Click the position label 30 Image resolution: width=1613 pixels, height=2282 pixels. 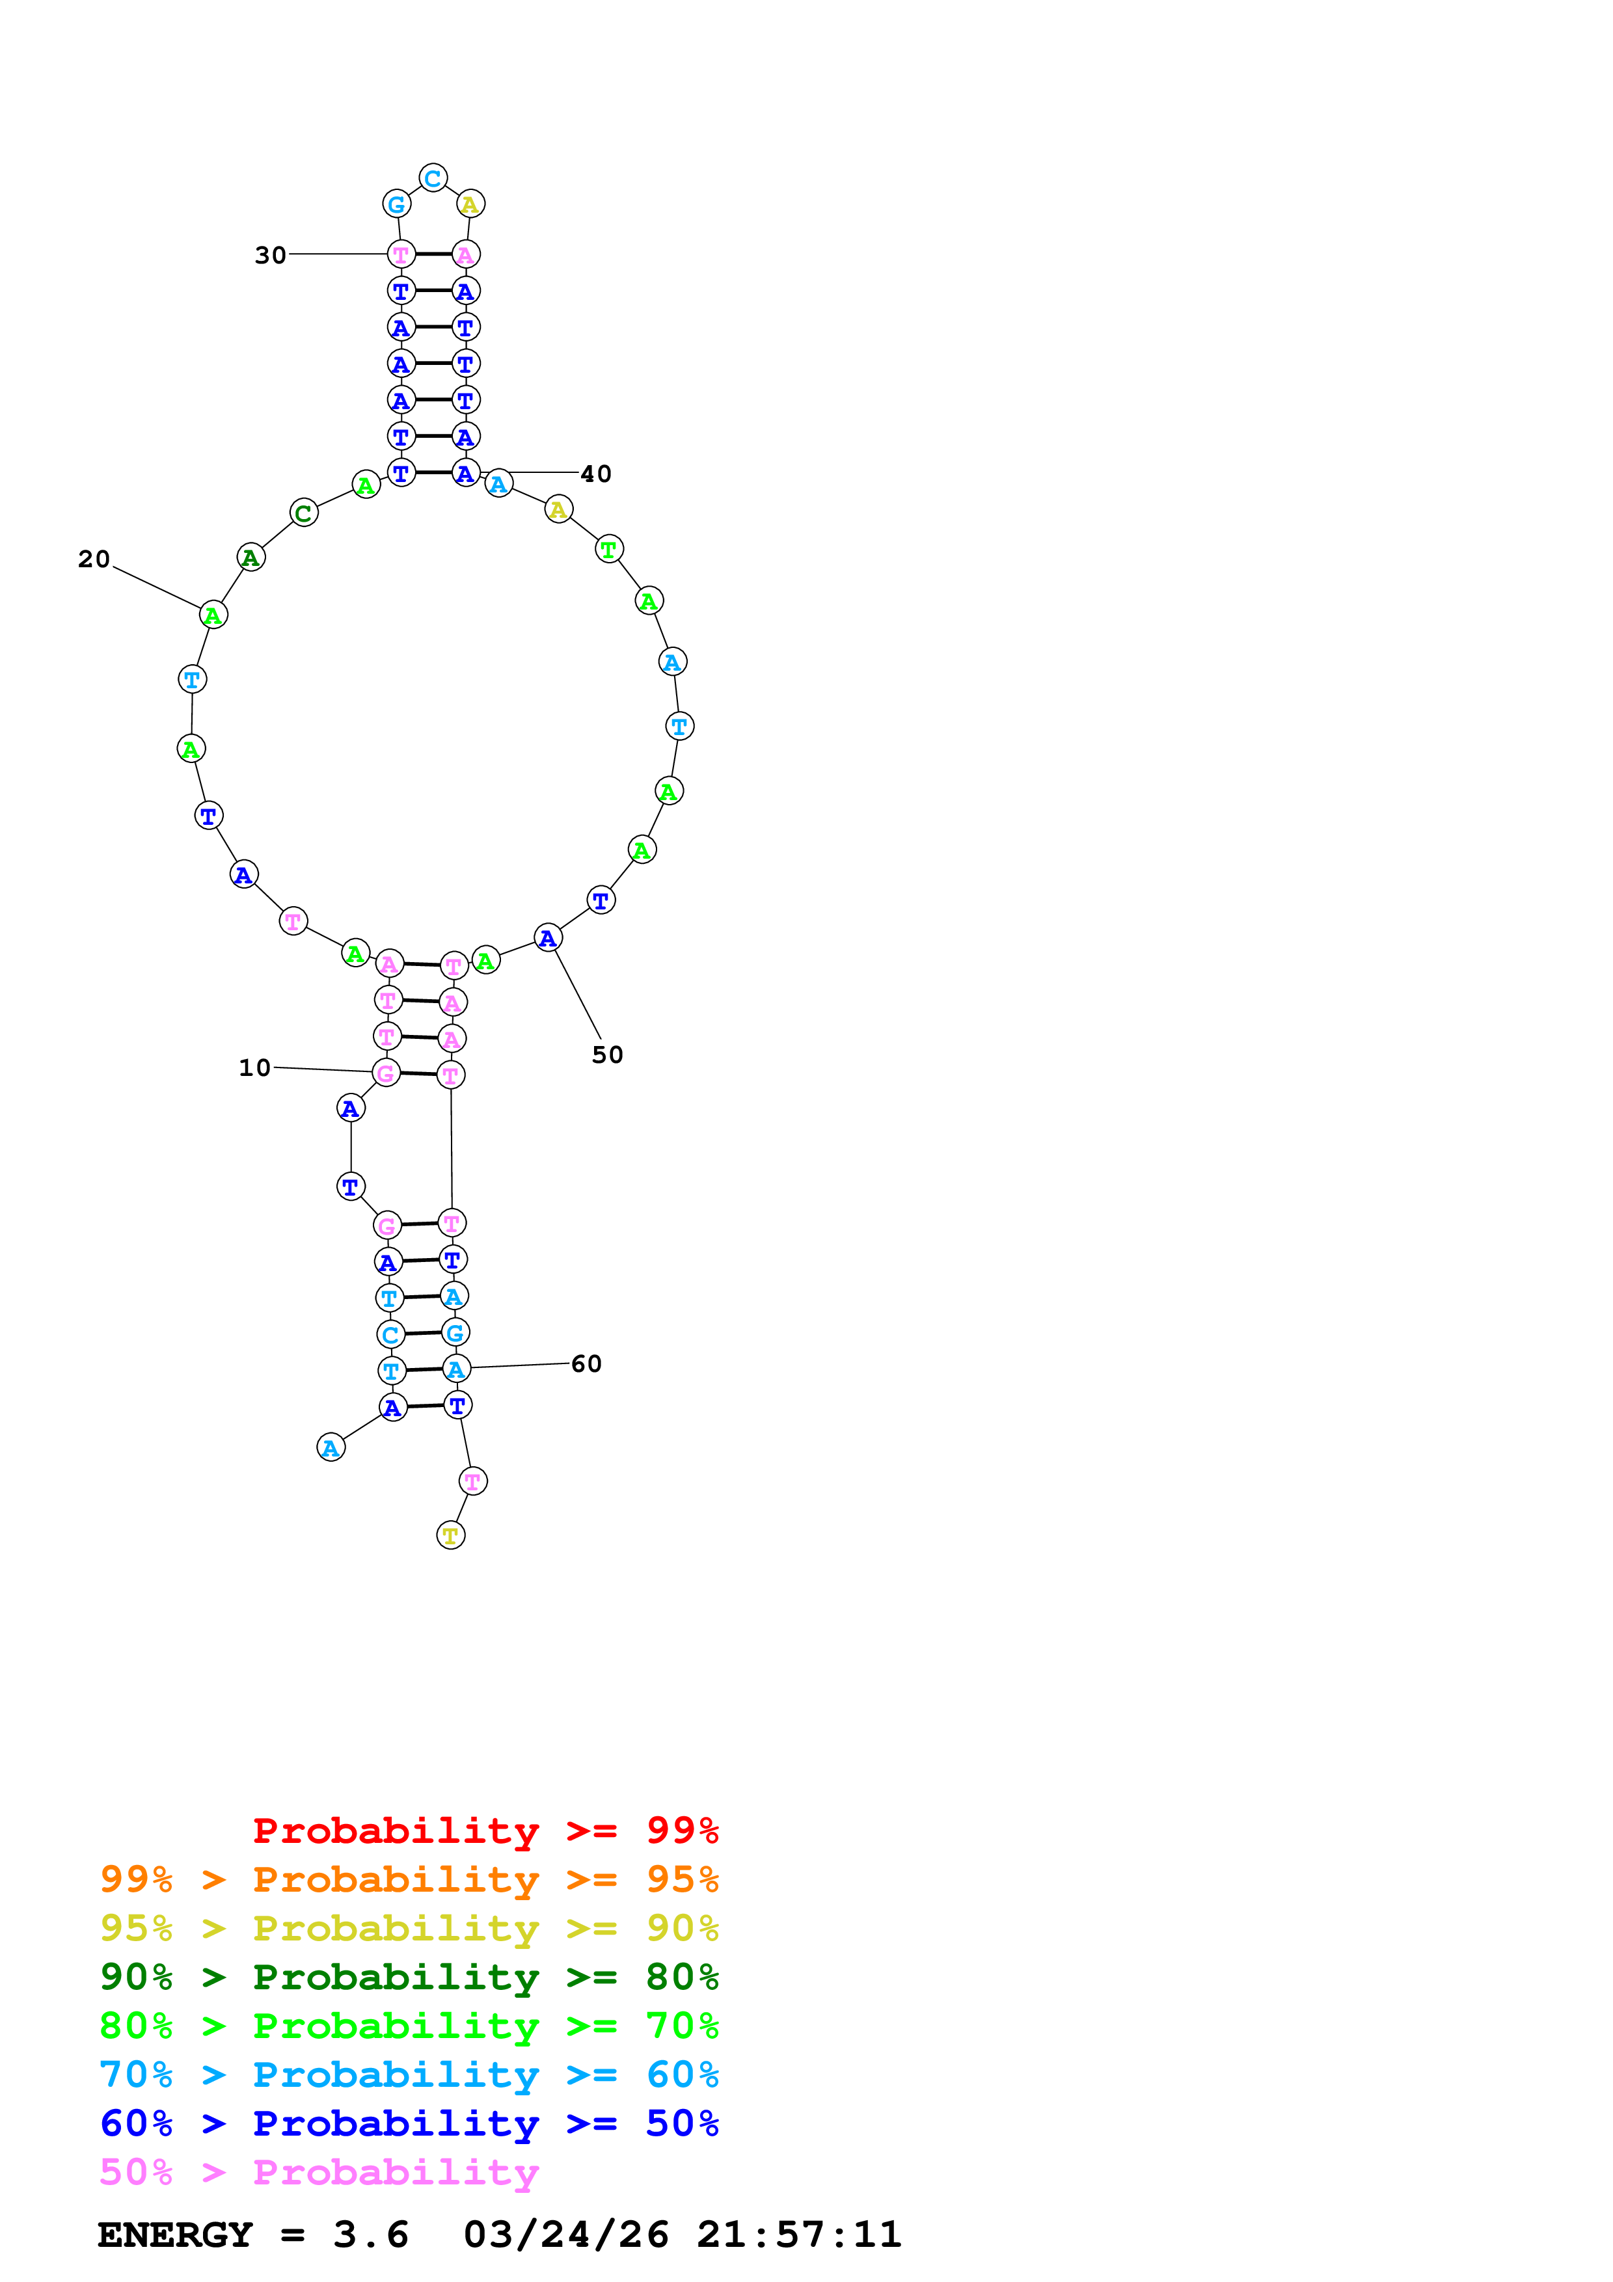[270, 256]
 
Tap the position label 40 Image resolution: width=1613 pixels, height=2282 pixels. [595, 474]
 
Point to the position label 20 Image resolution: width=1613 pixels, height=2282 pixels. [94, 559]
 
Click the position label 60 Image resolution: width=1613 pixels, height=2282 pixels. [586, 1363]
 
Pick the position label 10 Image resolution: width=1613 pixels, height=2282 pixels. [254, 1067]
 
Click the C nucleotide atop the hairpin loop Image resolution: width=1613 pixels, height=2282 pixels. [432, 179]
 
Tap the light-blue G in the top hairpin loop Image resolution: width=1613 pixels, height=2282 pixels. [396, 204]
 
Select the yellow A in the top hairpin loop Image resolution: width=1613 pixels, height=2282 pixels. [470, 204]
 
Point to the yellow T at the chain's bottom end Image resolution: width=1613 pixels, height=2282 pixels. [450, 1536]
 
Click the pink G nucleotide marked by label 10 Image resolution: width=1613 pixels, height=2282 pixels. [386, 1073]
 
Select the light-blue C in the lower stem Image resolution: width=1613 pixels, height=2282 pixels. [390, 1335]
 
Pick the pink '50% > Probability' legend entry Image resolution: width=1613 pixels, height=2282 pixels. [319, 2173]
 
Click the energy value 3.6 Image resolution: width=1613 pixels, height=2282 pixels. [371, 2235]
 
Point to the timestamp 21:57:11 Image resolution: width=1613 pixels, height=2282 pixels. [798, 2235]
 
